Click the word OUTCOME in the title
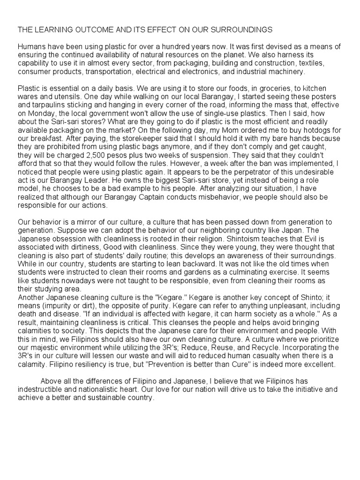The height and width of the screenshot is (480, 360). pos(98,30)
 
